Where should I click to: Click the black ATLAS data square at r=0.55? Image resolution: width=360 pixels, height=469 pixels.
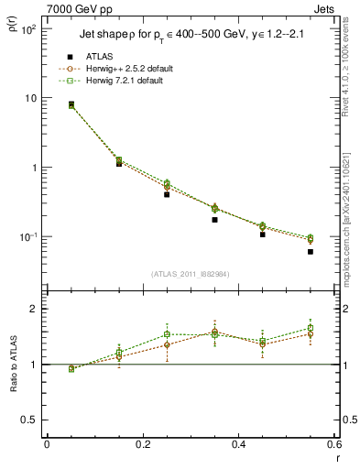coord(311,252)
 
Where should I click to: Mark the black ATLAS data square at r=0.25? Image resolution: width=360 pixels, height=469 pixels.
coord(167,194)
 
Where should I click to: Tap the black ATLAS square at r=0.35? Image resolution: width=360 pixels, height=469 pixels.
coord(214,220)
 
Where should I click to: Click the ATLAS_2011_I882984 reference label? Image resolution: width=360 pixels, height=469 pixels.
coord(191,275)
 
